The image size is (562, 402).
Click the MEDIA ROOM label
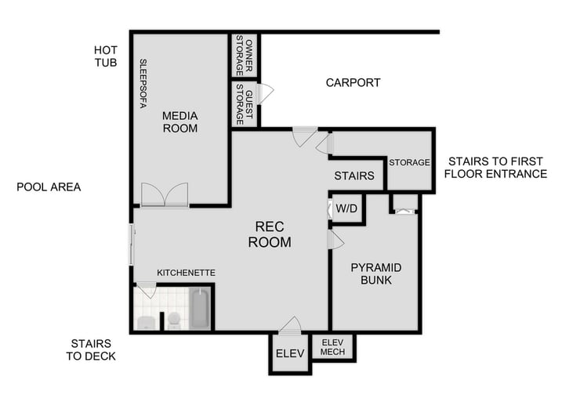[x=179, y=121]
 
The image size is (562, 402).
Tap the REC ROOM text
[x=269, y=234]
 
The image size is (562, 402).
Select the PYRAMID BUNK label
[x=376, y=273]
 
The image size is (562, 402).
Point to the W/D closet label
[x=346, y=209]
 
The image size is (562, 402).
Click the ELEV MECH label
[x=332, y=346]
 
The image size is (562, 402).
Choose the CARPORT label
[x=353, y=82]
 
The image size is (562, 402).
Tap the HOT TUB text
[x=105, y=56]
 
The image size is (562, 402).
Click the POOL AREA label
[x=49, y=187]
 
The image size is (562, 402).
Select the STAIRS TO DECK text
[x=92, y=349]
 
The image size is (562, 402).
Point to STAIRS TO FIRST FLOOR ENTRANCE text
[x=495, y=168]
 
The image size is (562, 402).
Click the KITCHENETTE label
[x=186, y=273]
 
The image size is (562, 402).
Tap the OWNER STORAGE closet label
[x=245, y=55]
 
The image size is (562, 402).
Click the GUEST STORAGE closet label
[x=244, y=107]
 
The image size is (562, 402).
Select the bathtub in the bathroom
[x=199, y=310]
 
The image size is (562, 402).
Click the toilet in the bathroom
[x=173, y=320]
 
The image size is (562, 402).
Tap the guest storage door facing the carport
[x=265, y=93]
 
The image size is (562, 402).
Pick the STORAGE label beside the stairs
[x=409, y=162]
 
